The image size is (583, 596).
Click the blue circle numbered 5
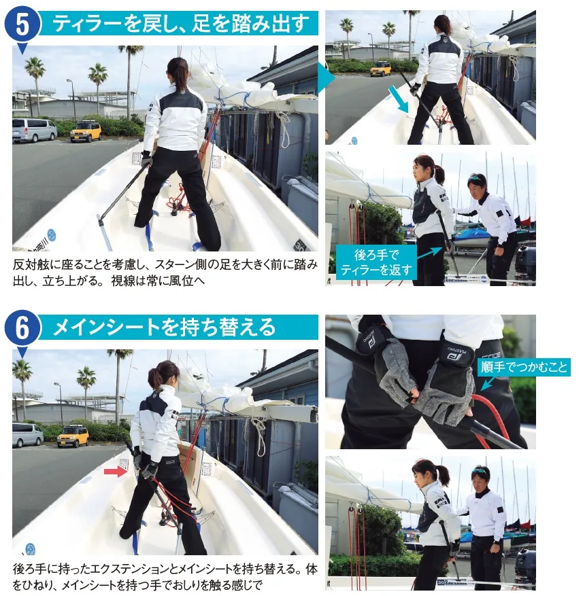tap(22, 24)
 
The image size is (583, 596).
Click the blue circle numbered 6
tap(22, 328)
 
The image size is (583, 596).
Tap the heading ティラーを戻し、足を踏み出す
tap(181, 23)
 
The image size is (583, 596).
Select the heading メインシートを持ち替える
tap(164, 328)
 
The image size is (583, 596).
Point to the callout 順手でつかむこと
tap(524, 367)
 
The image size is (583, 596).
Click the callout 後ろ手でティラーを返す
tap(376, 262)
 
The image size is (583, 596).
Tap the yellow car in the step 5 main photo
tap(86, 131)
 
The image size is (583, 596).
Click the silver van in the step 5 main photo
tap(34, 130)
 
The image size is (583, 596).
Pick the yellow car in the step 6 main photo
tap(73, 436)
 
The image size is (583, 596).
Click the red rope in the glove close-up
tap(491, 418)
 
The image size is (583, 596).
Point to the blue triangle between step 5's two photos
tap(326, 78)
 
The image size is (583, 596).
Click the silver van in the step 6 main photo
tap(27, 435)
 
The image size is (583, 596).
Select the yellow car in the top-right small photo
tap(380, 69)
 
